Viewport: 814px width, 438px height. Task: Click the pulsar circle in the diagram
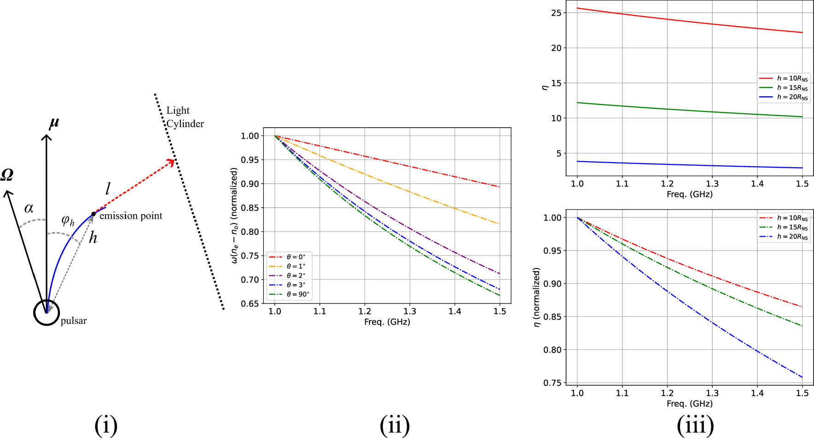coord(47,312)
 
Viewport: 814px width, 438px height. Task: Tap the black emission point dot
coord(93,214)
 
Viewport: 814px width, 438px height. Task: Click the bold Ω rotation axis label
coord(7,175)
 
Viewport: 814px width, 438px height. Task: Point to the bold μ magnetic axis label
coord(54,123)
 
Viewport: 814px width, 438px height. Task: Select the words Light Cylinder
coord(185,117)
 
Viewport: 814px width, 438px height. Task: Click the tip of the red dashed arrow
coord(174,161)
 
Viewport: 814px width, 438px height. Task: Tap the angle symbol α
coord(29,208)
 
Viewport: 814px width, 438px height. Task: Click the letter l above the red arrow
coord(108,189)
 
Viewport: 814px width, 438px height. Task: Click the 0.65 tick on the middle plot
coord(250,304)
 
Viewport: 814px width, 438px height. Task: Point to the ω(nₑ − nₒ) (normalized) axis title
coord(234,216)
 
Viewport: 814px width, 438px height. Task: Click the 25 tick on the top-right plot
coord(556,13)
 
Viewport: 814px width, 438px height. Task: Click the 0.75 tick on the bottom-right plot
coord(552,383)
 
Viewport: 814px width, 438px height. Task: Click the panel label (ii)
coord(395,425)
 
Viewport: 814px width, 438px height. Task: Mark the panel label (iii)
coord(695,425)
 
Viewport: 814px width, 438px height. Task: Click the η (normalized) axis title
coord(536,297)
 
